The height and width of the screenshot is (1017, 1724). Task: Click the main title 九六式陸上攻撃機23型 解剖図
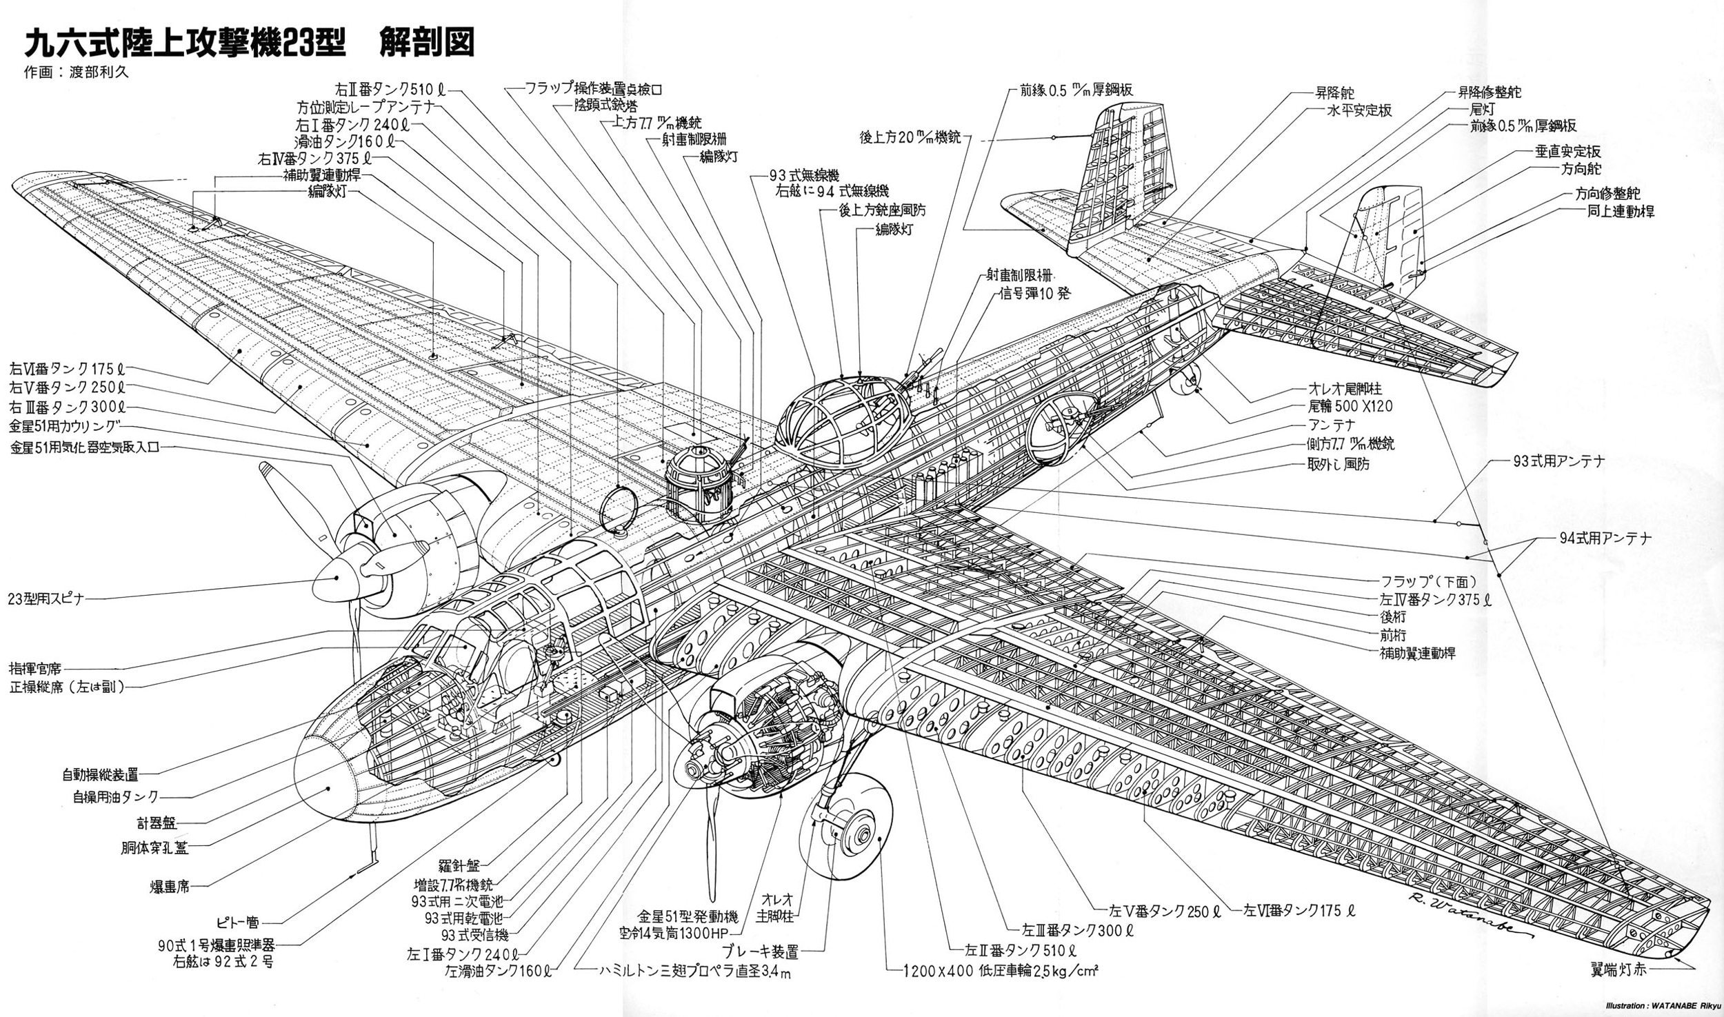click(x=250, y=42)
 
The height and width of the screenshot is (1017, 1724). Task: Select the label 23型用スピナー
click(x=46, y=598)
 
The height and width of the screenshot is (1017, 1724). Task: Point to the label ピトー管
click(x=237, y=922)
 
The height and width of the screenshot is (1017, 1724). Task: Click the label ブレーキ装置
click(x=760, y=953)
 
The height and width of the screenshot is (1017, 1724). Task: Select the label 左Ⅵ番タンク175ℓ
click(x=1300, y=910)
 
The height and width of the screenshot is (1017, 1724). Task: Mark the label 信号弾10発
click(x=1031, y=294)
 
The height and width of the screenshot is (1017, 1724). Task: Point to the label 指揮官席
click(x=35, y=668)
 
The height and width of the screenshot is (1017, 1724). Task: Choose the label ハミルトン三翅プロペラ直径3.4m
click(x=694, y=972)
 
